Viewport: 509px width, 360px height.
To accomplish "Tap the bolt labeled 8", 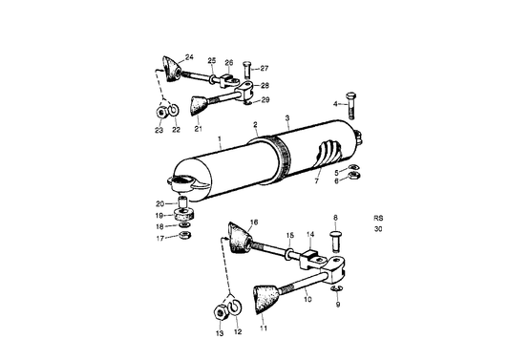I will tap(335, 237).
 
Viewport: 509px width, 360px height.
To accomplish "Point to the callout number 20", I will tap(159, 202).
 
